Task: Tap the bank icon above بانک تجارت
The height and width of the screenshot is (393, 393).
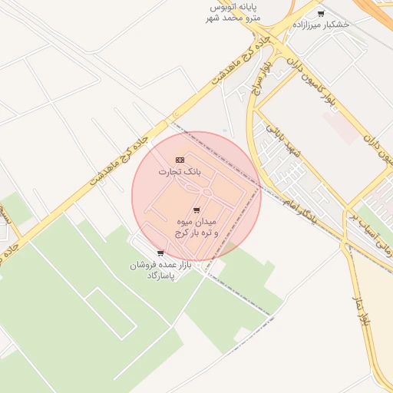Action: click(x=180, y=159)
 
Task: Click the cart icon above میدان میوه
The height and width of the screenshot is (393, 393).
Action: click(x=196, y=210)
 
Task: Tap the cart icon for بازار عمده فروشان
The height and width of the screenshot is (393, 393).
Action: click(x=160, y=253)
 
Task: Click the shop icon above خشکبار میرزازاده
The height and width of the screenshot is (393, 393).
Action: click(x=320, y=13)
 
